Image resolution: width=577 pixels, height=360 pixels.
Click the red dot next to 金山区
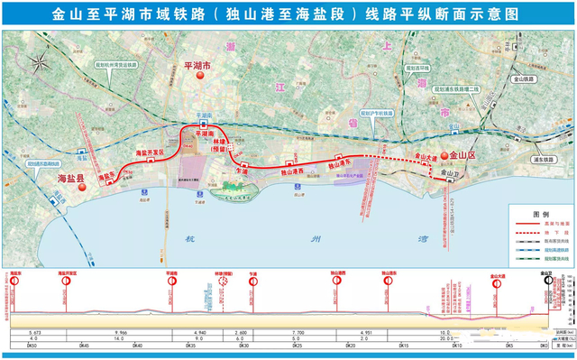click(x=444, y=157)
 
